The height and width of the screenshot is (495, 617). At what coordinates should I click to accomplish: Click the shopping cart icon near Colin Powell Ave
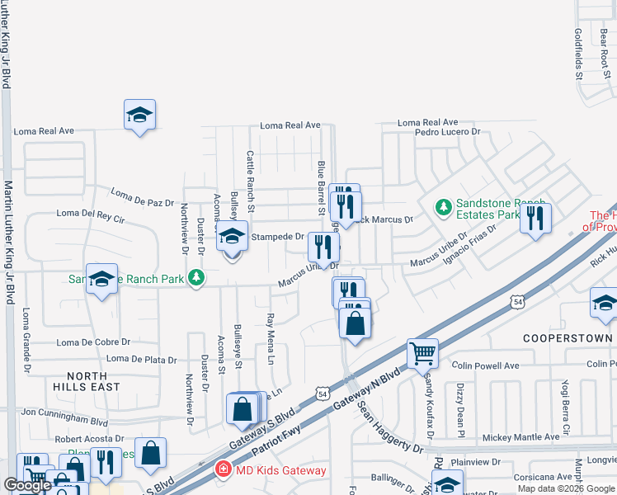coord(422,354)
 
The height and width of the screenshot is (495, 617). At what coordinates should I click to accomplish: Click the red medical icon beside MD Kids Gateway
coord(223,470)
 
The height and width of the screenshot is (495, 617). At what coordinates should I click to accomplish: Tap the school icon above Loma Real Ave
coord(139,115)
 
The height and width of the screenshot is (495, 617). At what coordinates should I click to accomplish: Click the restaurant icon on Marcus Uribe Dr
coord(323,245)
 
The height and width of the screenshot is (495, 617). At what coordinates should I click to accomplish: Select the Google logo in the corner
coord(27,485)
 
